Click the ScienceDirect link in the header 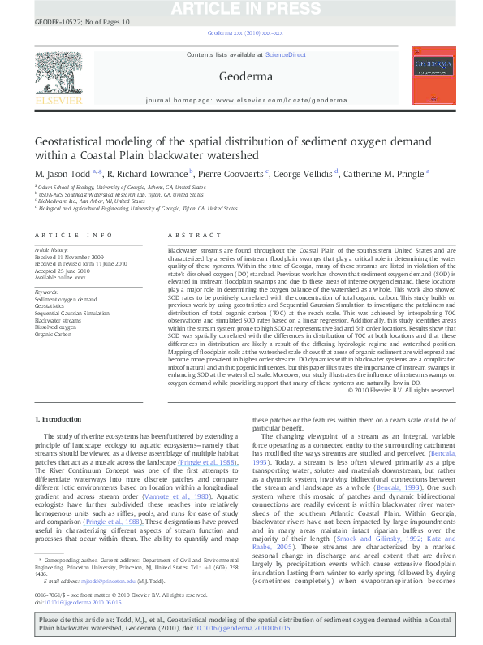tap(286, 54)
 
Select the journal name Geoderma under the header tap(240, 77)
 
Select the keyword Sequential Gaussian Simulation tap(71, 313)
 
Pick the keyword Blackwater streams tap(58, 320)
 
